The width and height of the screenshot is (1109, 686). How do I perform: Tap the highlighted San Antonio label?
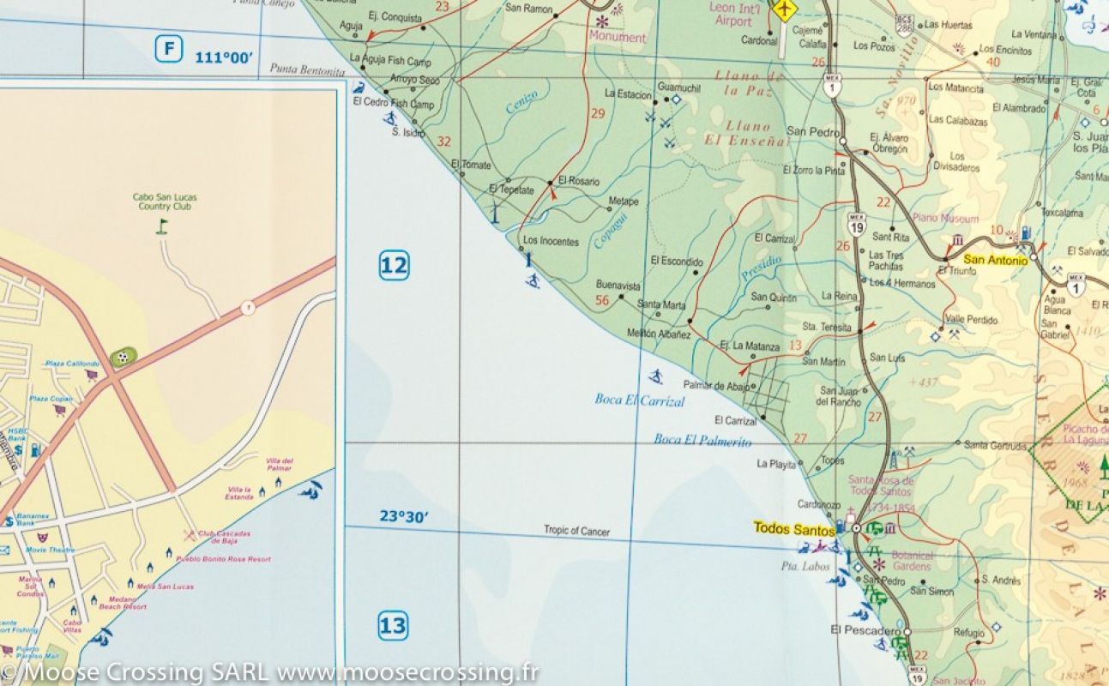click(995, 260)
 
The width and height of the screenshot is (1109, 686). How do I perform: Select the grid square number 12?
click(394, 266)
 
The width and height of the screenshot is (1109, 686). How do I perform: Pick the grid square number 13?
click(393, 626)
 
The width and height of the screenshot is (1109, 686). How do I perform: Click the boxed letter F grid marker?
click(169, 49)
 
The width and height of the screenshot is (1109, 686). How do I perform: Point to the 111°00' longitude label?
click(225, 57)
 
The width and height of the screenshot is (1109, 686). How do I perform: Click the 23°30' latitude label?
click(405, 516)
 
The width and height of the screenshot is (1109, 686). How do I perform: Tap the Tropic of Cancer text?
click(576, 531)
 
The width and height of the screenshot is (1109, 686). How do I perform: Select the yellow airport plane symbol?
click(783, 9)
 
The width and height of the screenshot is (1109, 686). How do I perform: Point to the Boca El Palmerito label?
click(702, 441)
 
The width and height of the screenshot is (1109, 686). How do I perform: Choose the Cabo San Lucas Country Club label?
click(163, 202)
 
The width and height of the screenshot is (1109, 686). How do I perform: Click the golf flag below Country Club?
click(163, 226)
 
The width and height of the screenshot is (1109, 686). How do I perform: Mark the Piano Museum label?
click(946, 219)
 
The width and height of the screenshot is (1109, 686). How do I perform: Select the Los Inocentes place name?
click(551, 242)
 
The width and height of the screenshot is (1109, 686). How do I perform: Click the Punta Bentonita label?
click(307, 69)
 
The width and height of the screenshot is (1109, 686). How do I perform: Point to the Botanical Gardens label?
click(911, 561)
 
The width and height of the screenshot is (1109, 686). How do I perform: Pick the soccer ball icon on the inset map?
click(121, 358)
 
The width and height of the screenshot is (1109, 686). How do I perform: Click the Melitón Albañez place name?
click(659, 334)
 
